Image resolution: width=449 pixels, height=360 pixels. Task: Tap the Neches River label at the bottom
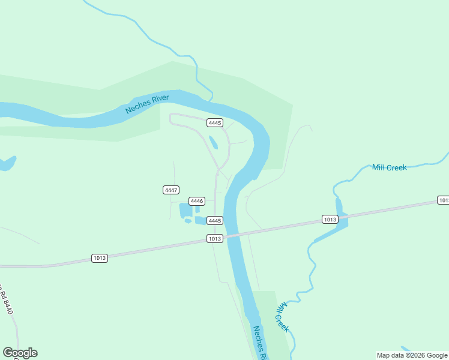(260, 342)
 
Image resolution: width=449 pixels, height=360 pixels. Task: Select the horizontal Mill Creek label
(389, 167)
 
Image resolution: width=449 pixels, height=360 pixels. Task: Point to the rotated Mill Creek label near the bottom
(282, 317)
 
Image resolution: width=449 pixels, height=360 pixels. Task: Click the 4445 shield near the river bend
(215, 122)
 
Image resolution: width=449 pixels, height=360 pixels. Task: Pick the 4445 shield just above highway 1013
(215, 221)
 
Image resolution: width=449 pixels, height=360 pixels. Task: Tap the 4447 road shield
(171, 190)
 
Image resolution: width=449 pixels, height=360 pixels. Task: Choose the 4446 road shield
(197, 201)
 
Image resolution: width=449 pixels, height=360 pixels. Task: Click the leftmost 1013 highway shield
(100, 258)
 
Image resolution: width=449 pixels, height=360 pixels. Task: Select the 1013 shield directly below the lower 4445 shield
(215, 238)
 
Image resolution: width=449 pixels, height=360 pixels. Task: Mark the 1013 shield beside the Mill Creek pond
(330, 219)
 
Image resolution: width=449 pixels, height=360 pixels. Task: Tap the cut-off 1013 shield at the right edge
(443, 200)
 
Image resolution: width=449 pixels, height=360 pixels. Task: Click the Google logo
(20, 353)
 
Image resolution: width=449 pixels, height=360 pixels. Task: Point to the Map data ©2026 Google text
(412, 355)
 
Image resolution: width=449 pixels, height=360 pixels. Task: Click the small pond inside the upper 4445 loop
(213, 142)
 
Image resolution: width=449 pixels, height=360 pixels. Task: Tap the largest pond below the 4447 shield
(185, 211)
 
